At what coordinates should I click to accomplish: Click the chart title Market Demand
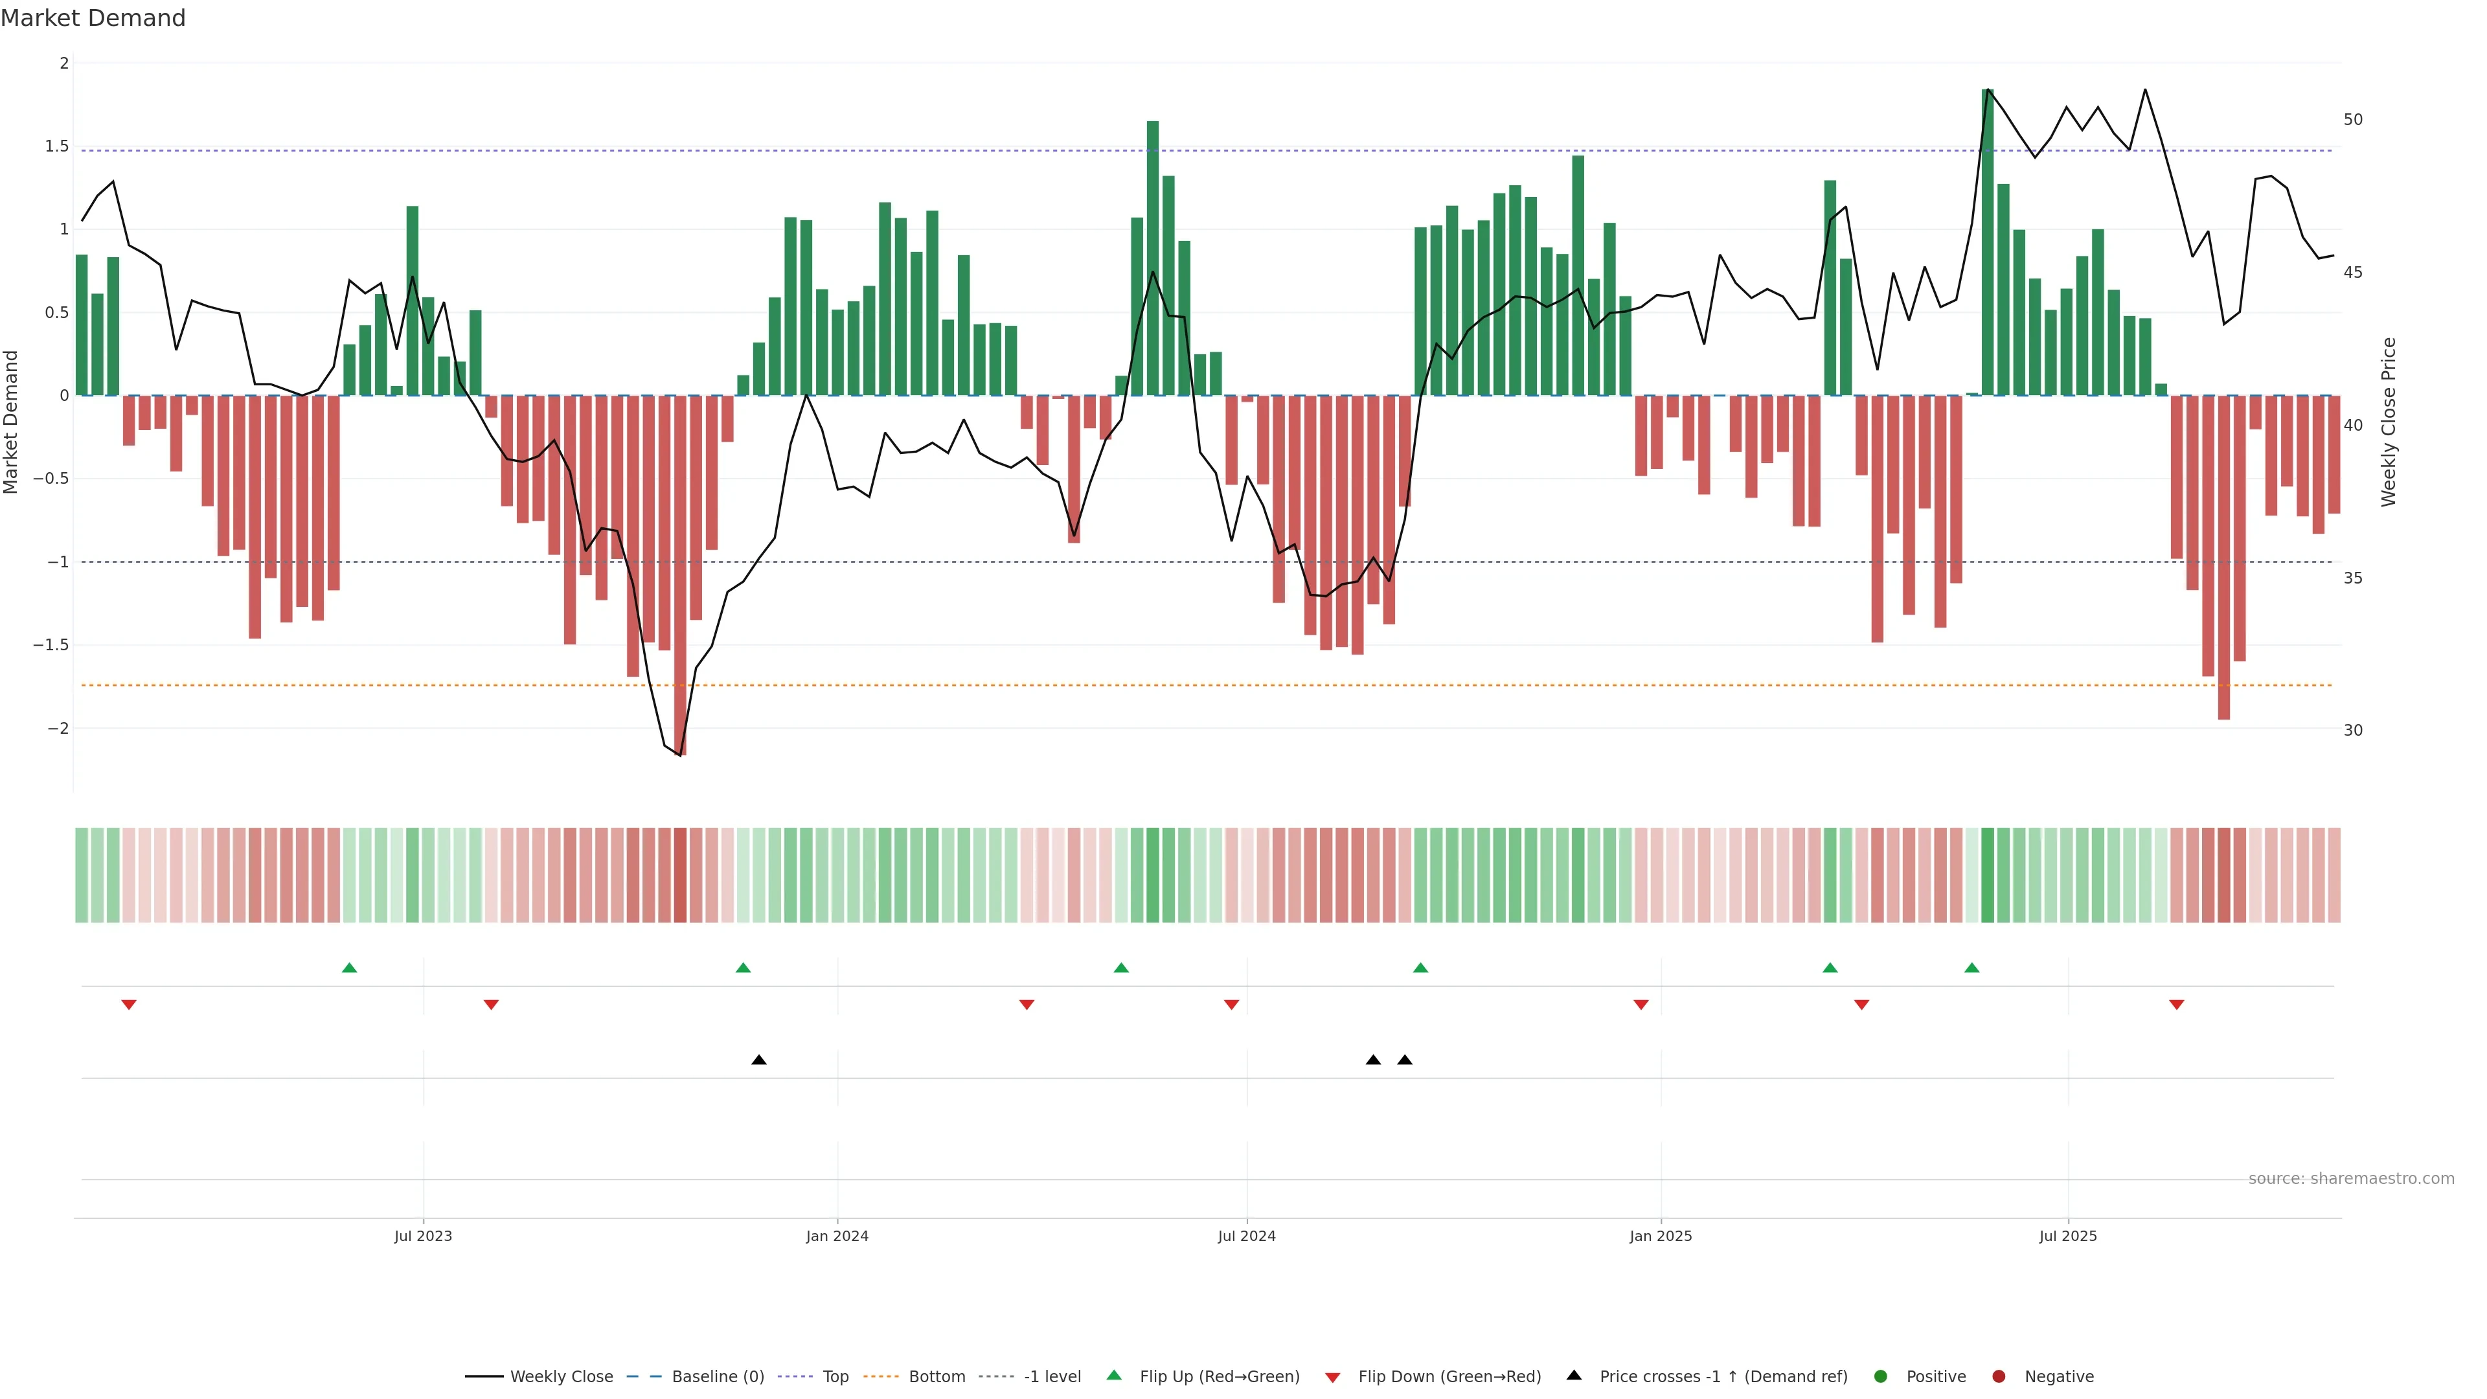[x=93, y=18]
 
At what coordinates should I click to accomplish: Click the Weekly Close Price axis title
[x=2389, y=422]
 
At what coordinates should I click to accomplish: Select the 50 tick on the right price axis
[x=2353, y=120]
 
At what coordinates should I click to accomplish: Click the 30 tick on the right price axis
[x=2353, y=731]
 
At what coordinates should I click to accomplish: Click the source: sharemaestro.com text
[x=2351, y=1179]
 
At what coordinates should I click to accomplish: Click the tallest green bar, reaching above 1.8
[x=1988, y=242]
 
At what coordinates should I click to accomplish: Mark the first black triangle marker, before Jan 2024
[x=759, y=1060]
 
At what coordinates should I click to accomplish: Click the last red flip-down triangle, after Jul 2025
[x=2176, y=1005]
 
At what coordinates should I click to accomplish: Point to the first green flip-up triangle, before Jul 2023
[x=350, y=968]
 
